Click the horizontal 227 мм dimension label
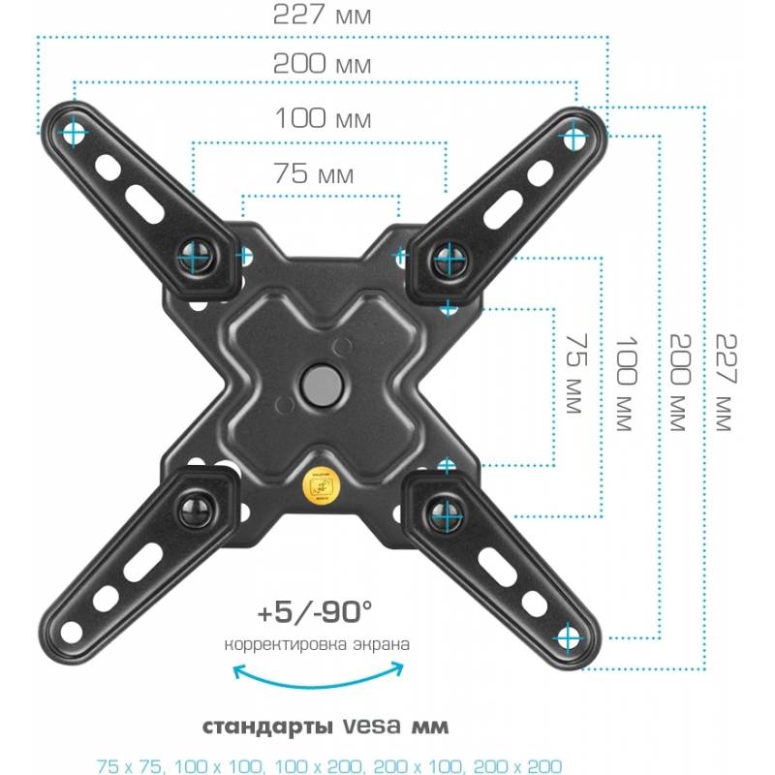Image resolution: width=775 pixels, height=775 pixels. [x=322, y=15]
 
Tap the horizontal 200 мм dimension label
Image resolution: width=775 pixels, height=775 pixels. [x=322, y=64]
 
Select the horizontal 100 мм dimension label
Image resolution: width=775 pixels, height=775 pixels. [x=323, y=118]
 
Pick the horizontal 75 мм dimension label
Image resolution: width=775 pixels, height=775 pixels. [x=314, y=173]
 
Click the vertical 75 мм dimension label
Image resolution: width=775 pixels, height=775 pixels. [x=576, y=373]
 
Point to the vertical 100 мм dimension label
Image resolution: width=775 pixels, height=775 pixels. [x=626, y=384]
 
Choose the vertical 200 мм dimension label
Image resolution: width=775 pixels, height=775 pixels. [x=680, y=382]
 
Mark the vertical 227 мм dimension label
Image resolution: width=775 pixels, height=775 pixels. [x=727, y=382]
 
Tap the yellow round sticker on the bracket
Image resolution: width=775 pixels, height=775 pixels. [x=321, y=487]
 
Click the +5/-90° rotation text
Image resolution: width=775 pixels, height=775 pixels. [x=314, y=612]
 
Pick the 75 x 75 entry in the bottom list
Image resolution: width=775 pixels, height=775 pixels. [x=129, y=765]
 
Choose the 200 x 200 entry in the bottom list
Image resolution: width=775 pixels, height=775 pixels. [x=517, y=765]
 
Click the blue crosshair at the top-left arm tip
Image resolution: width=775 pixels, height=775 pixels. [x=74, y=132]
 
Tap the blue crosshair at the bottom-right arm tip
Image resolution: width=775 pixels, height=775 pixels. [x=569, y=638]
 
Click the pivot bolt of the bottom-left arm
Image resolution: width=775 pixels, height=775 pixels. [x=197, y=510]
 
